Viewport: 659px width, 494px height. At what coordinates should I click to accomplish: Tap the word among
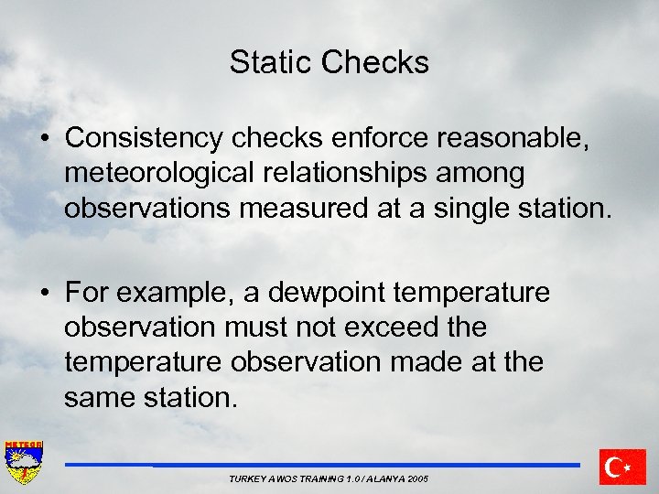coord(492,173)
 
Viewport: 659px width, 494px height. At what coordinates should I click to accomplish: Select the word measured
coord(304,208)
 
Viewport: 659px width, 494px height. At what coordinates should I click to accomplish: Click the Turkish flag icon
coord(622,467)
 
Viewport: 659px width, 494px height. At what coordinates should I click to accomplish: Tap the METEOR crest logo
coord(24,463)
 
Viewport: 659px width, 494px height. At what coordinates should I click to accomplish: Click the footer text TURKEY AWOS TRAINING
coord(329,479)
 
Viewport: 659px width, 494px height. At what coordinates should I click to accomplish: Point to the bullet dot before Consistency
coord(44,139)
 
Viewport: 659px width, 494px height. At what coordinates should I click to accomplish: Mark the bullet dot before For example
coord(44,293)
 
